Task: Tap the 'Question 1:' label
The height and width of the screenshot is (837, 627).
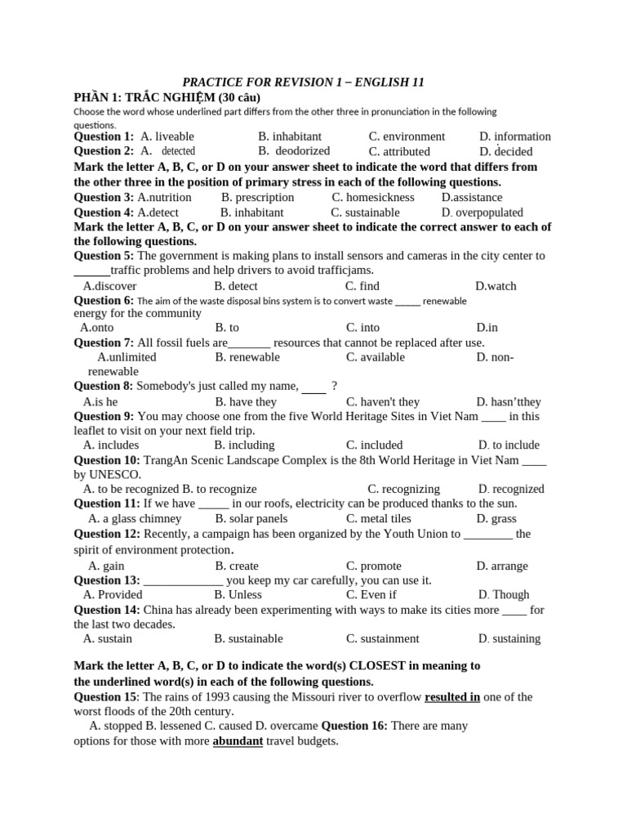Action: coord(104,137)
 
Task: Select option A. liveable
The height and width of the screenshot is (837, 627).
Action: coord(167,137)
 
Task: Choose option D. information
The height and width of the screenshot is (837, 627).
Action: coord(515,137)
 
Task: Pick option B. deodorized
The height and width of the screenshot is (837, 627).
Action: coord(294,151)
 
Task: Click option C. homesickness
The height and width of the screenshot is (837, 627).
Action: coord(373,197)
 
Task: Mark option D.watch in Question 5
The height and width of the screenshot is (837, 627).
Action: coord(496,286)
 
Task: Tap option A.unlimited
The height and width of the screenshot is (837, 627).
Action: coord(127,356)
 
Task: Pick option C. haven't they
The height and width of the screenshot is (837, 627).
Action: coord(383,401)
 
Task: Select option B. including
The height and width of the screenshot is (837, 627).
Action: coord(244,445)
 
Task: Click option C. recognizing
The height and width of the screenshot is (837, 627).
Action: coord(403,489)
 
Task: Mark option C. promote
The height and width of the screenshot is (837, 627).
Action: coord(374,566)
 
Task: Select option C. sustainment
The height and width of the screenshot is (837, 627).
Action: coord(382,638)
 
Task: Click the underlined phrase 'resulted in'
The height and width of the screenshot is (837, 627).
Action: coord(452,696)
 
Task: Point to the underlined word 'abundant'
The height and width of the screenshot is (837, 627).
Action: coord(238,741)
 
